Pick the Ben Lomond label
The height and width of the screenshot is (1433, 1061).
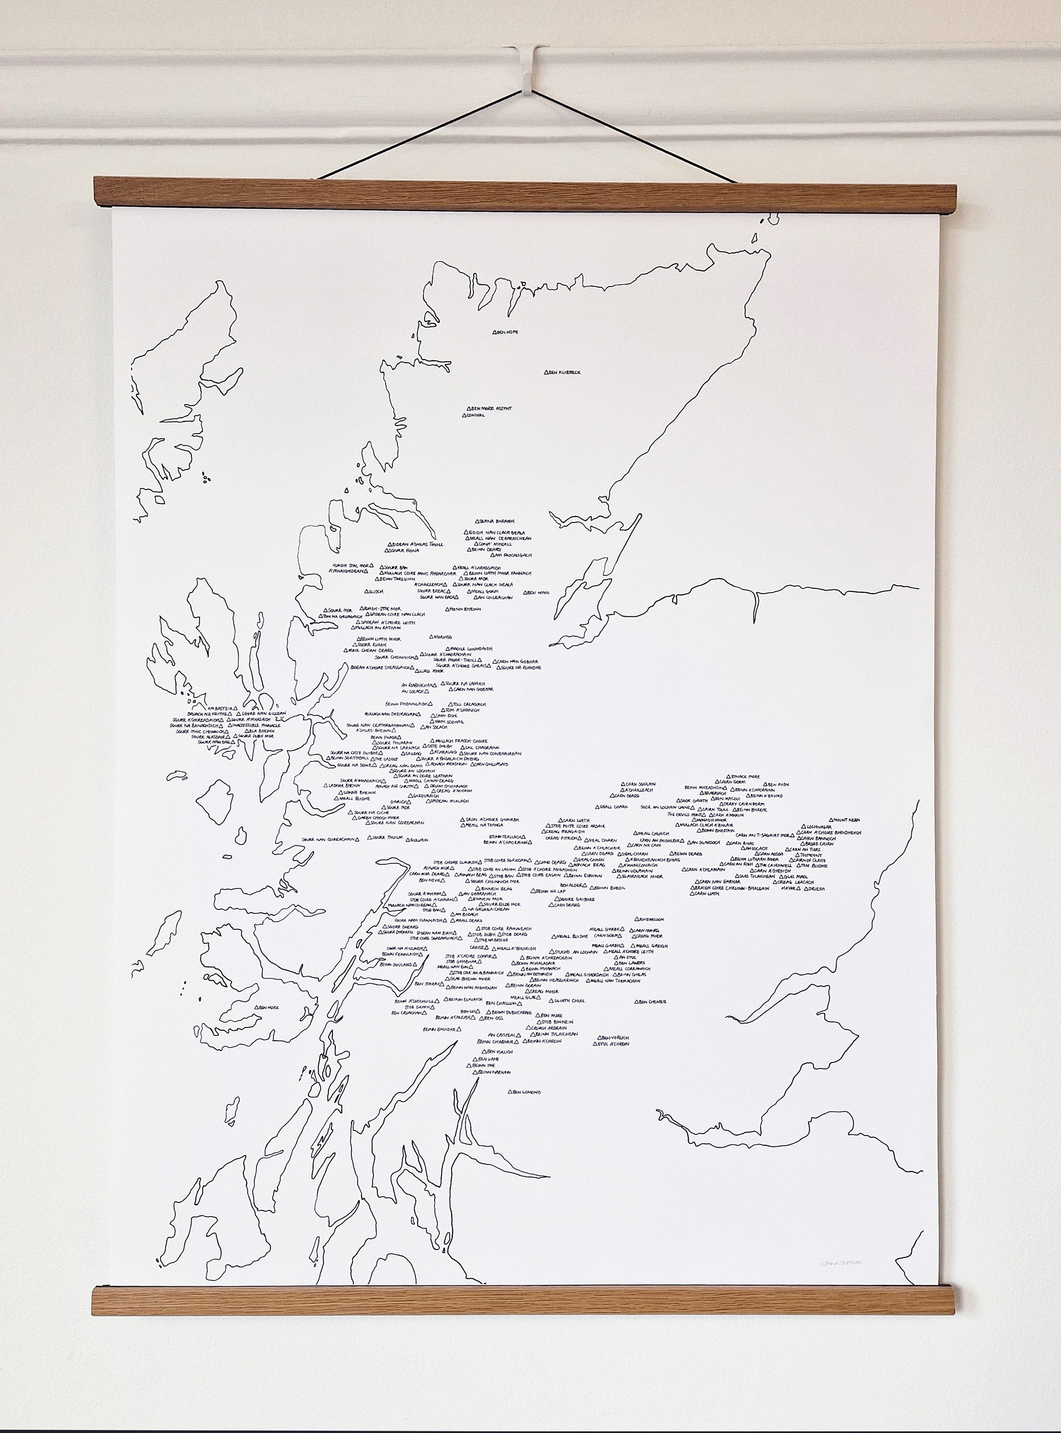[527, 1092]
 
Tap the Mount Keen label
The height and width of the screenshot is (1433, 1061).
[848, 820]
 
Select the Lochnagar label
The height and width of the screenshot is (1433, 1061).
[818, 827]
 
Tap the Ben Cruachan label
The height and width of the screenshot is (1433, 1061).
[407, 1013]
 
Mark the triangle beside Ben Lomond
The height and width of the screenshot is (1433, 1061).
[510, 1092]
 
